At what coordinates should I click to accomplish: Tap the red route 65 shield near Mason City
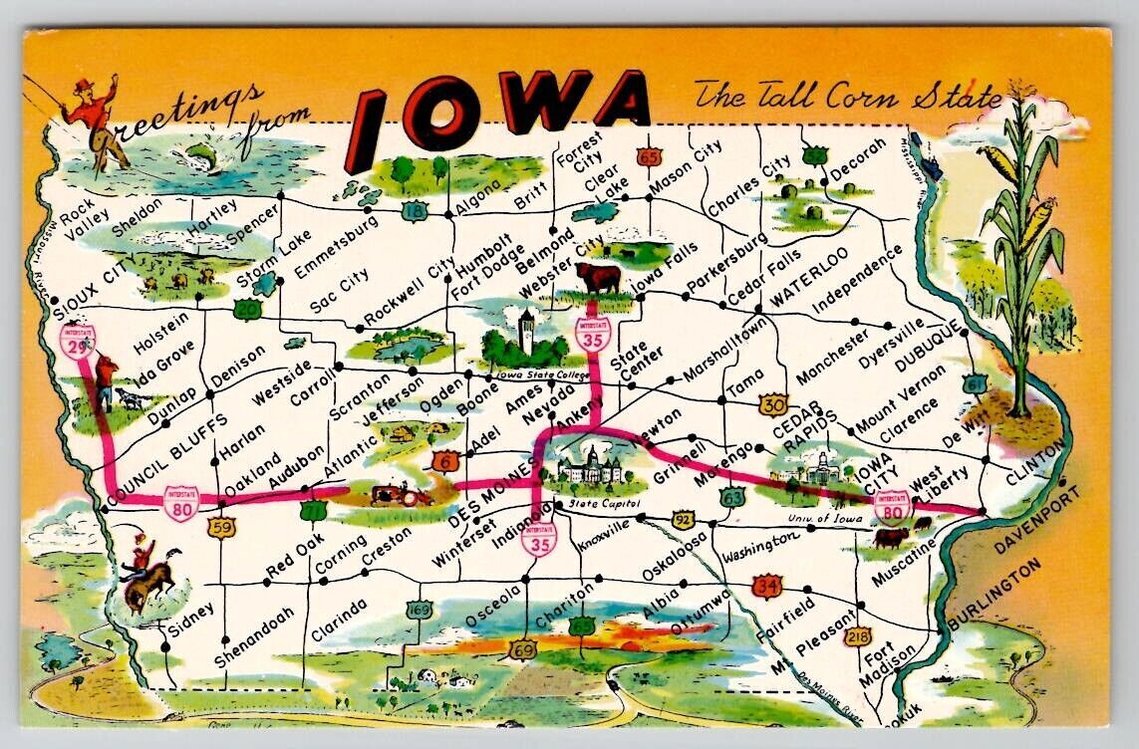(650, 156)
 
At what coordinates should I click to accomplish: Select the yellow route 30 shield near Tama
(772, 403)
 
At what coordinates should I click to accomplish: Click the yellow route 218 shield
(857, 635)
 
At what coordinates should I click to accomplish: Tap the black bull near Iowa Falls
(598, 278)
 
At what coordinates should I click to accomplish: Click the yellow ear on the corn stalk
(1036, 225)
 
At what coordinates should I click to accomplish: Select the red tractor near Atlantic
(389, 493)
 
